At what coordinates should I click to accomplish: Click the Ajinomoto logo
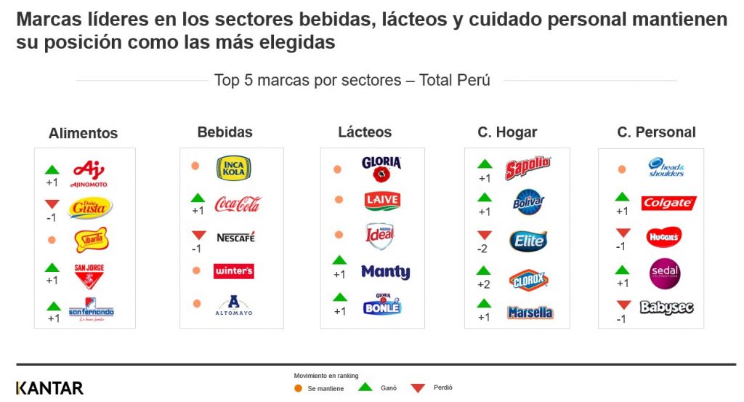pos(89,173)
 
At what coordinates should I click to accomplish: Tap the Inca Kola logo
pos(234,169)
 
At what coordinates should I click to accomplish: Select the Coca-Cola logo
pos(237,204)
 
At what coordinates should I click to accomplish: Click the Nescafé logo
pos(235,238)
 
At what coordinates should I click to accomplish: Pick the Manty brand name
pos(385,272)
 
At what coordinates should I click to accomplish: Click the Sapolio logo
pos(527,169)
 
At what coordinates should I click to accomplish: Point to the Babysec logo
pos(666,307)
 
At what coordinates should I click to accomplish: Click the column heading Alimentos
pos(83,134)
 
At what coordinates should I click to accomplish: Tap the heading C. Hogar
pos(507,132)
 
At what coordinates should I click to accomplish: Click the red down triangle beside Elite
pos(485,236)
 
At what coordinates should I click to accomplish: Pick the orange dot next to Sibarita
pos(51,239)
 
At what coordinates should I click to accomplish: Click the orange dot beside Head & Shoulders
pos(622,169)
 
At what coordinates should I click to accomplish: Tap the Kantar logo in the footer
pos(49,387)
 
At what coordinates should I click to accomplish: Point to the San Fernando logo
pos(92,310)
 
